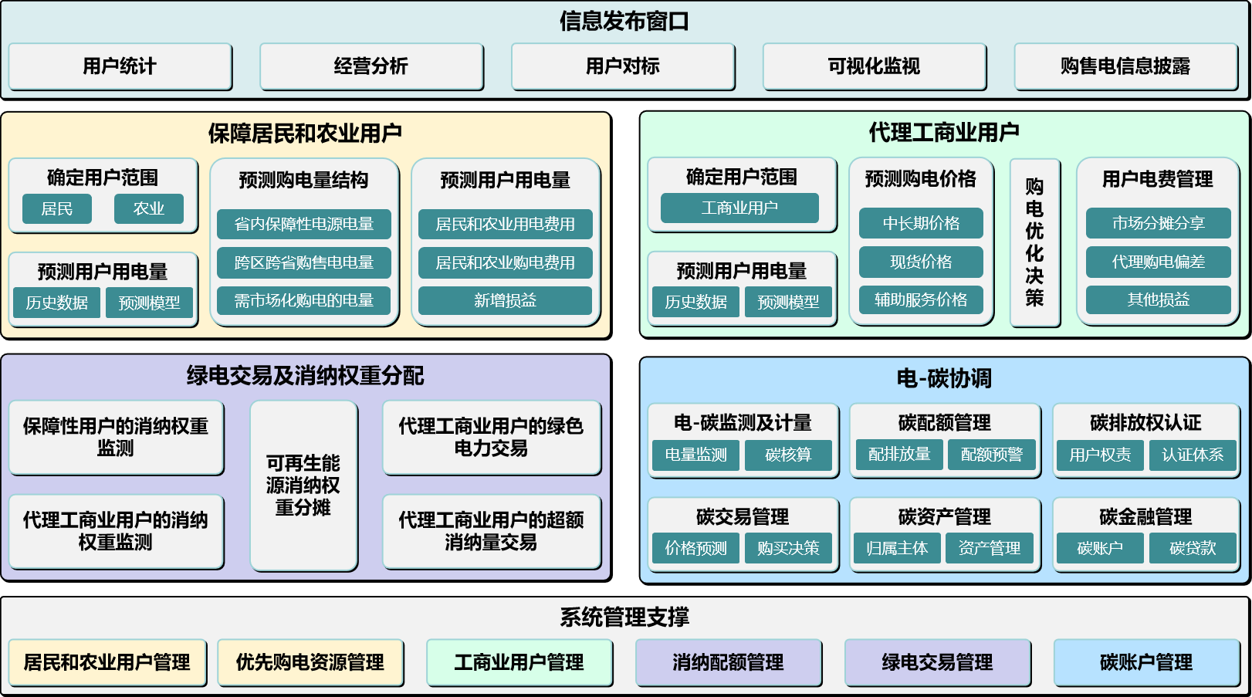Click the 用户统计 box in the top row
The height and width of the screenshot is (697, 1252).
(x=120, y=66)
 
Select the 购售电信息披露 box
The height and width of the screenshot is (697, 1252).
(x=1125, y=66)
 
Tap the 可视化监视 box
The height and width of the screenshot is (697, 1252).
(x=874, y=66)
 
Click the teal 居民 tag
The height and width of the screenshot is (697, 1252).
(x=56, y=209)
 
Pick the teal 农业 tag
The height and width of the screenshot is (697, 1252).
(x=148, y=209)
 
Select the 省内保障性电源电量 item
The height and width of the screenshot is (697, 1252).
(x=303, y=225)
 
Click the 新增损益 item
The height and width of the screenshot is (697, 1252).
(x=505, y=300)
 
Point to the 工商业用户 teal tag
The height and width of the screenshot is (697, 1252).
(x=739, y=208)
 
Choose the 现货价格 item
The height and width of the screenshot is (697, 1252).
(x=921, y=262)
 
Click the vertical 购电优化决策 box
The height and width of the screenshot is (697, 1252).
(x=1034, y=242)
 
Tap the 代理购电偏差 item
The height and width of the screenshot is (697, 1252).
(x=1158, y=262)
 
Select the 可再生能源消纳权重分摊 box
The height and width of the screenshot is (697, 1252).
(x=303, y=486)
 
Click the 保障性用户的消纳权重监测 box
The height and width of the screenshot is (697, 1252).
(x=116, y=437)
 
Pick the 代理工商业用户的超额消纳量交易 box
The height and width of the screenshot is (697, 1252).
(x=491, y=531)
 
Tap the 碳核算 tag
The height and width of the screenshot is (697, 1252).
(x=788, y=455)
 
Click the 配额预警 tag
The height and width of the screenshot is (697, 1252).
(x=991, y=455)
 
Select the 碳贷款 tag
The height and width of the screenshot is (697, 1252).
(x=1192, y=549)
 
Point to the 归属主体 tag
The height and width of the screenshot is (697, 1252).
(x=897, y=549)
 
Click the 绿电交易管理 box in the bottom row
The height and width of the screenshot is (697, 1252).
(x=937, y=662)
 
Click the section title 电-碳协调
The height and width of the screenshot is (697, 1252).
(x=943, y=378)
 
